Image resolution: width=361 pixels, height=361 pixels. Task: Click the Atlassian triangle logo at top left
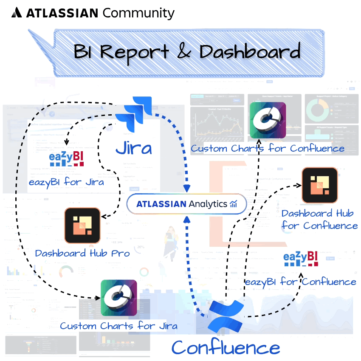click(x=17, y=13)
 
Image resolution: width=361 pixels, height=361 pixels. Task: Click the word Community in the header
click(x=138, y=13)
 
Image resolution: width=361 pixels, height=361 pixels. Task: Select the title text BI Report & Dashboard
click(x=187, y=52)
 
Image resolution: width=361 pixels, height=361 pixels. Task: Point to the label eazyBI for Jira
click(x=67, y=182)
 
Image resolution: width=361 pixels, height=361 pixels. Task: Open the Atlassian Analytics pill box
click(x=186, y=204)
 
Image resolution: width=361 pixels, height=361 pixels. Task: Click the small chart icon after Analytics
click(x=234, y=204)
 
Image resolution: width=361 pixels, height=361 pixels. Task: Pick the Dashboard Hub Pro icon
click(x=82, y=225)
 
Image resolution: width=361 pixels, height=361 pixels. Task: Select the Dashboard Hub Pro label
click(x=82, y=253)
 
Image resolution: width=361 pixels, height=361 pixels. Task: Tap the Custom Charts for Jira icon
click(x=118, y=298)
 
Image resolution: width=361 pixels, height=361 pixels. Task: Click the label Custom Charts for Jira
click(x=118, y=326)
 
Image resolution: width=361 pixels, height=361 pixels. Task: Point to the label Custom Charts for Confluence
click(x=268, y=148)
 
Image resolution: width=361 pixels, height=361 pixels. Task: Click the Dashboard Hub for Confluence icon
click(x=319, y=185)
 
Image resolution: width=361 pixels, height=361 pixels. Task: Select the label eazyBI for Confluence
click(x=301, y=282)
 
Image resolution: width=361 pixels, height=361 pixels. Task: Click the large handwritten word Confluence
click(x=226, y=347)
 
